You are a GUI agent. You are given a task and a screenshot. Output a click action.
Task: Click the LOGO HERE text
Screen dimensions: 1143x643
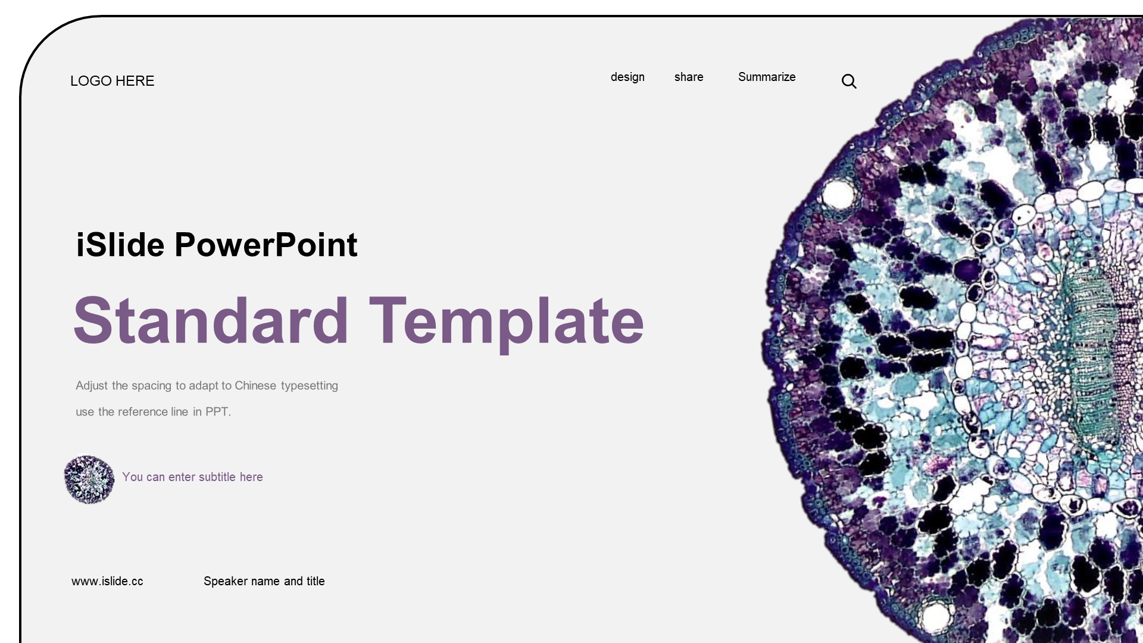pos(112,81)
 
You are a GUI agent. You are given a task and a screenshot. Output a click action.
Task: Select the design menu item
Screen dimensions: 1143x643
pos(627,77)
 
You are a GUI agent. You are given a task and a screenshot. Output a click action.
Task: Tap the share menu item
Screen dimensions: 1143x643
pos(689,77)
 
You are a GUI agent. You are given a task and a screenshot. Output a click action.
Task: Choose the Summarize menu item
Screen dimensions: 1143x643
pos(767,77)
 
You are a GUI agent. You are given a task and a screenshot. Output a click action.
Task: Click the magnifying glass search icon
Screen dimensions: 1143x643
pos(849,81)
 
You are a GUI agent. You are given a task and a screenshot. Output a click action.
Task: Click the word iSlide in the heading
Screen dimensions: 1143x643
pos(120,245)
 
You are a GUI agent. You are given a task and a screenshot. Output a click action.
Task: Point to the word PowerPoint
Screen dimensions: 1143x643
pos(266,245)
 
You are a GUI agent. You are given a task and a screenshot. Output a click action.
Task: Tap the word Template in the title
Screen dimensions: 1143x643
pos(507,324)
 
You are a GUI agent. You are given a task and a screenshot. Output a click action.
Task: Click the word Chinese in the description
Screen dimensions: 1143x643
pos(255,386)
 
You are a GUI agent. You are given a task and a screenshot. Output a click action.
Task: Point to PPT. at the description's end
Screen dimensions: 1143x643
pos(218,412)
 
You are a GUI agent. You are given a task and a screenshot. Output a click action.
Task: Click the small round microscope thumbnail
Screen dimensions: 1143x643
pos(89,480)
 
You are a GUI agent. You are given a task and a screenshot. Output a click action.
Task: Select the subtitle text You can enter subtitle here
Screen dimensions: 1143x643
pos(192,477)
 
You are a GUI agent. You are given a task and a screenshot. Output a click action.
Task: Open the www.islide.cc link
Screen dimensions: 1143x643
pos(107,581)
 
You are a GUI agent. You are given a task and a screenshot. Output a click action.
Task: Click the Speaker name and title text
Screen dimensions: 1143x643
pos(264,581)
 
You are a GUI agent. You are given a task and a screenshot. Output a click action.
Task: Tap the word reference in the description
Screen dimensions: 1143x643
pos(143,412)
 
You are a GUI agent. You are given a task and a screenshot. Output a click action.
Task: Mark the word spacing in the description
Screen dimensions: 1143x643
pos(151,386)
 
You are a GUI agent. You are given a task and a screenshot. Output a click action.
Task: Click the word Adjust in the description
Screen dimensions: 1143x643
pos(92,386)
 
